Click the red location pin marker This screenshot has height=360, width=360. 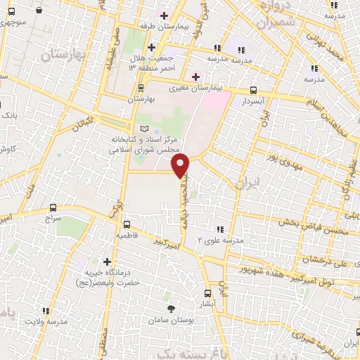point(181,165)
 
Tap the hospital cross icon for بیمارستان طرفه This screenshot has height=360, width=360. point(164,15)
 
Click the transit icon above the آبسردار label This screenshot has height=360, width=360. point(254,90)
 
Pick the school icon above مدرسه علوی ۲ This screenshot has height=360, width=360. point(220,229)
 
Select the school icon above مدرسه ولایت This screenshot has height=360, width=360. point(46,310)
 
